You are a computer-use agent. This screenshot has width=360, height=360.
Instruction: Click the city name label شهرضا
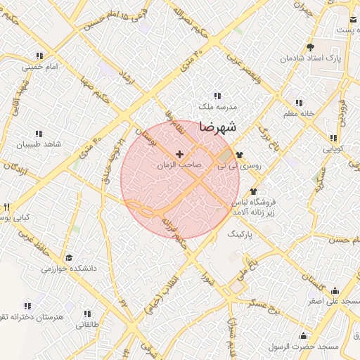218,127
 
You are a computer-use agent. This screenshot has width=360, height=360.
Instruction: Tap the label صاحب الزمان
179,164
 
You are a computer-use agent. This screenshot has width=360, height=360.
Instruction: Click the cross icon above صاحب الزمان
179,153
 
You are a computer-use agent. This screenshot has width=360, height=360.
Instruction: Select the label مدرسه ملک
215,106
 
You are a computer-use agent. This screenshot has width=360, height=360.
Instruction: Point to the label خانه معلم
300,113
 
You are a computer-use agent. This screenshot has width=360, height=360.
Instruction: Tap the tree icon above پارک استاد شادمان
309,48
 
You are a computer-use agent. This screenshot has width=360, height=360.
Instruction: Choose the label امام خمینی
39,67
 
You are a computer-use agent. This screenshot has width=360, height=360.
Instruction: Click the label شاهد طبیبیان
39,143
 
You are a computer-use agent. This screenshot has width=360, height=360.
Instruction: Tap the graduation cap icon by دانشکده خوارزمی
68,257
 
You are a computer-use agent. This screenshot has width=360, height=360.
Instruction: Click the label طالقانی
88,324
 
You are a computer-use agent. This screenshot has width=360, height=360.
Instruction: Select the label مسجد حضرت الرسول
304,346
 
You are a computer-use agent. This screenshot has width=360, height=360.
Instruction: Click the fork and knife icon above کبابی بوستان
7,207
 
